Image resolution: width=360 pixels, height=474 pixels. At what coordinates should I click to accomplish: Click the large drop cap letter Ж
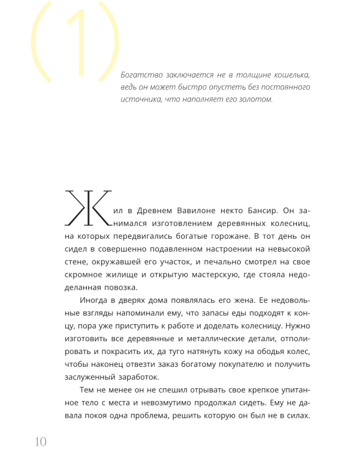coord(88,208)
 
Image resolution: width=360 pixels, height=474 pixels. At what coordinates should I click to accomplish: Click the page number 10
coord(40,442)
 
